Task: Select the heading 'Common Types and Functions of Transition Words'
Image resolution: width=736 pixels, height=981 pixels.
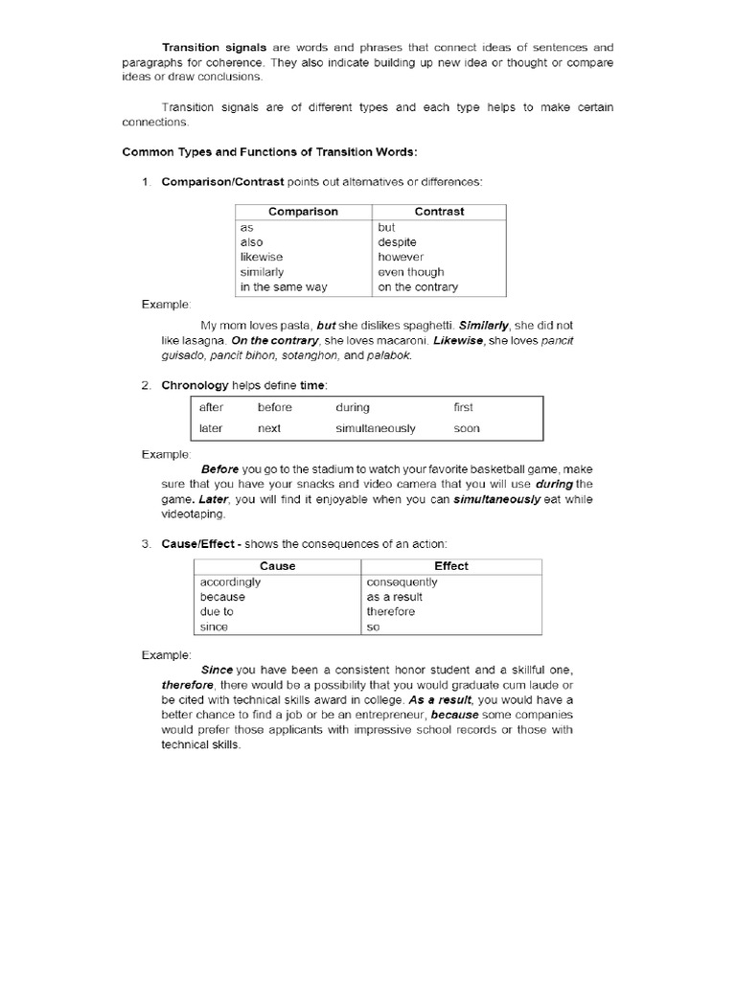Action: [x=269, y=152]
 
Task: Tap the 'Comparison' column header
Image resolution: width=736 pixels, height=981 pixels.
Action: [x=303, y=212]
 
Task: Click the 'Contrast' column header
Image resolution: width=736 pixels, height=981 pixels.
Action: [x=439, y=212]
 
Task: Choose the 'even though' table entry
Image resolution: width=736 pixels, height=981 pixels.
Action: [x=411, y=272]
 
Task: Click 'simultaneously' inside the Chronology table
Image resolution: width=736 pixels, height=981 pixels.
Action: [x=376, y=428]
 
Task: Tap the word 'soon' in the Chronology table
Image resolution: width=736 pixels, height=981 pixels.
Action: [x=467, y=428]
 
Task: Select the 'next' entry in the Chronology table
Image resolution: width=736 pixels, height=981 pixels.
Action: [x=269, y=428]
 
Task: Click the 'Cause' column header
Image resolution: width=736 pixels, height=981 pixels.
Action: [x=278, y=566]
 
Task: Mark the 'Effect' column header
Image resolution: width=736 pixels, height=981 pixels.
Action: [x=451, y=566]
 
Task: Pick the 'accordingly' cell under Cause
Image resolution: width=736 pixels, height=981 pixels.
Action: [x=230, y=582]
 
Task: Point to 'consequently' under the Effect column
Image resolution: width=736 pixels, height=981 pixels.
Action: [x=402, y=582]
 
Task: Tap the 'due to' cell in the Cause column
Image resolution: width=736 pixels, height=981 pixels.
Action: [x=217, y=611]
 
